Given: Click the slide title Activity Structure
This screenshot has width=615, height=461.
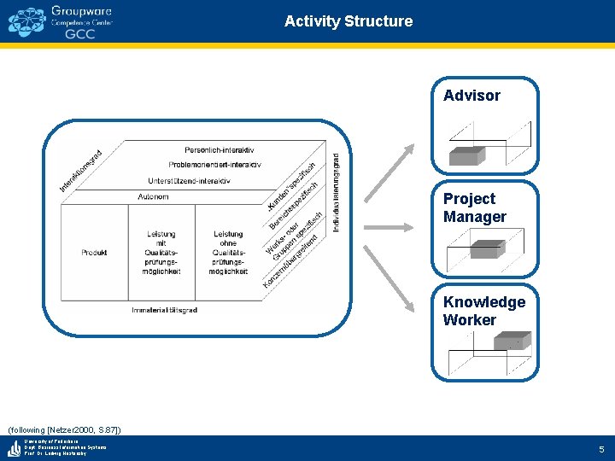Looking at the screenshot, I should [x=348, y=21].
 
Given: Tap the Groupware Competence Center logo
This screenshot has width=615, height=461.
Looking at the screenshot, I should [x=61, y=22].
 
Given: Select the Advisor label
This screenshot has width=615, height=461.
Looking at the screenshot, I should [x=471, y=96].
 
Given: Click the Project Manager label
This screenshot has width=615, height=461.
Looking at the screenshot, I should [x=474, y=207].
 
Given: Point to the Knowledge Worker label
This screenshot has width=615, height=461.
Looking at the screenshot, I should [x=483, y=311].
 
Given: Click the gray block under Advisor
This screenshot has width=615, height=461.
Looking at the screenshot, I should [x=468, y=155].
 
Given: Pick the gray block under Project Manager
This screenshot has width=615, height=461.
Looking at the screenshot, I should [x=486, y=248].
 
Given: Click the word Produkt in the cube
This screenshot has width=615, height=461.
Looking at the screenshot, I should [x=94, y=253].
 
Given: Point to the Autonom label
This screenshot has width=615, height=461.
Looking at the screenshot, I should [x=153, y=197].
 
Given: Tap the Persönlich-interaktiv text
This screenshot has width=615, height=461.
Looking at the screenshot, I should [x=225, y=150].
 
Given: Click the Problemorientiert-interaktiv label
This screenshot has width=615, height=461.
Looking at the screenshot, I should [x=214, y=165].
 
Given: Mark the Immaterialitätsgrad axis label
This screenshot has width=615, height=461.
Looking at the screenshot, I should [x=165, y=310].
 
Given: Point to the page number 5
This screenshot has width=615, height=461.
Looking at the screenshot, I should [x=600, y=448].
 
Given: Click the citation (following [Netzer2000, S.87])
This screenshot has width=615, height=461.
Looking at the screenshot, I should [x=64, y=429].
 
